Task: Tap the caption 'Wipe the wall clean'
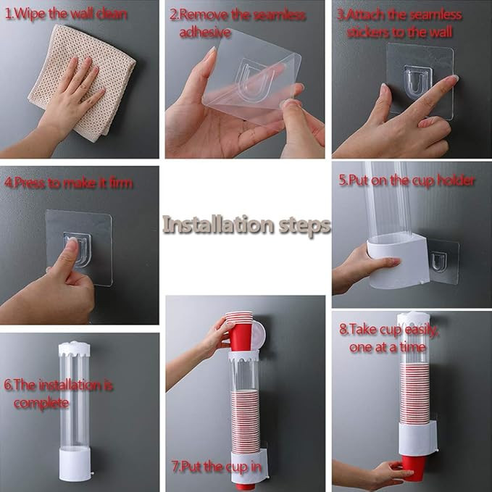[70, 14]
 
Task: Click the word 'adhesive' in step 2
[205, 32]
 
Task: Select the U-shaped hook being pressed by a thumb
[78, 249]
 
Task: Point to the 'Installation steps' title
[246, 225]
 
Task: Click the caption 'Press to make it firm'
[73, 183]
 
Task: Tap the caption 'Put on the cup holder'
[412, 180]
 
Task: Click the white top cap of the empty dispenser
[75, 349]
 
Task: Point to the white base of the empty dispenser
[75, 464]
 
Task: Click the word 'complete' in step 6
[41, 403]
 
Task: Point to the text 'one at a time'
[388, 347]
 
